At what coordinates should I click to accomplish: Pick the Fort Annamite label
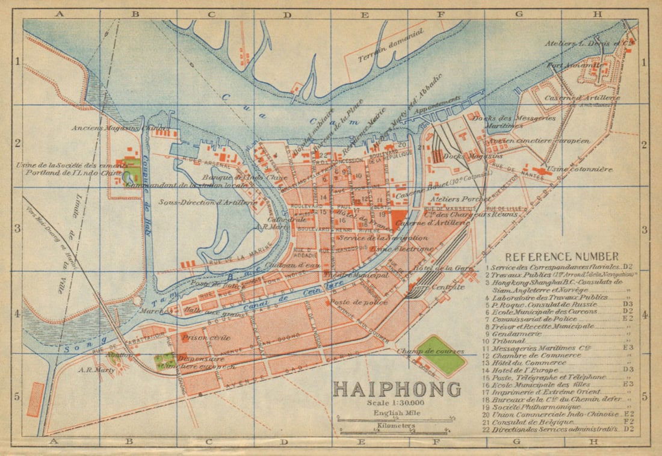coord(566,64)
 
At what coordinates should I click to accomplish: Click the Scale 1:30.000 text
coord(395,403)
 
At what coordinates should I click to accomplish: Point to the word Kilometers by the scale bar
coord(396,426)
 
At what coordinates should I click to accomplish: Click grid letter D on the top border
coord(288,13)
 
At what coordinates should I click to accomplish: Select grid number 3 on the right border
coord(644,230)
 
